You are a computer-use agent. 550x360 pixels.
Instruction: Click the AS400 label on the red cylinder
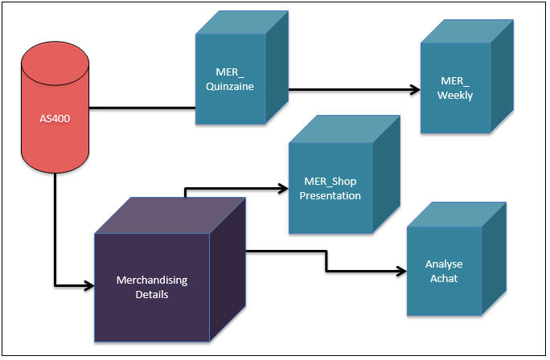55,118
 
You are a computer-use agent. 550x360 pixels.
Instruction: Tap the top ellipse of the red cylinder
55,63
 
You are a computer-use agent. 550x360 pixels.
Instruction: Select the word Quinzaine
230,86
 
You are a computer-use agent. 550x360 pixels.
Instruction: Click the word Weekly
455,96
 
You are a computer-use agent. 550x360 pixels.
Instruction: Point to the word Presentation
330,195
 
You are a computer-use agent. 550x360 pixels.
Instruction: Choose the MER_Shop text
330,182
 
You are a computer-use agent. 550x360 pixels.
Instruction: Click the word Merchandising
152,280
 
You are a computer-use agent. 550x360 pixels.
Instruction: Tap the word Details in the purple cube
152,294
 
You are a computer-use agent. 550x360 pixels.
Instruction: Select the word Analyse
444,264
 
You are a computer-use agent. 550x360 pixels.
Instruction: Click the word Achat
444,278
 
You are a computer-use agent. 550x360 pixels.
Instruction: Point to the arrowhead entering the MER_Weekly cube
416,90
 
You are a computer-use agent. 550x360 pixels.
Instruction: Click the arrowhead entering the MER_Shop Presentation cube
283,189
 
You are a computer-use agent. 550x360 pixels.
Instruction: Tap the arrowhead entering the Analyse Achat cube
402,271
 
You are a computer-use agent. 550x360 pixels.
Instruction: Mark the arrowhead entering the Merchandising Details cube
89,286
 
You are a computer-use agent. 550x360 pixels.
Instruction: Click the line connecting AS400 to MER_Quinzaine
142,108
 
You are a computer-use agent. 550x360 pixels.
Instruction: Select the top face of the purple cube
170,215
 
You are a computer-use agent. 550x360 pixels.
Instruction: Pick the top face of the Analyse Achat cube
457,215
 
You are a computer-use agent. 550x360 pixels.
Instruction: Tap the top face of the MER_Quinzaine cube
242,22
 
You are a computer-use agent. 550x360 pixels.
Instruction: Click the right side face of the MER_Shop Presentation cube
386,174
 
